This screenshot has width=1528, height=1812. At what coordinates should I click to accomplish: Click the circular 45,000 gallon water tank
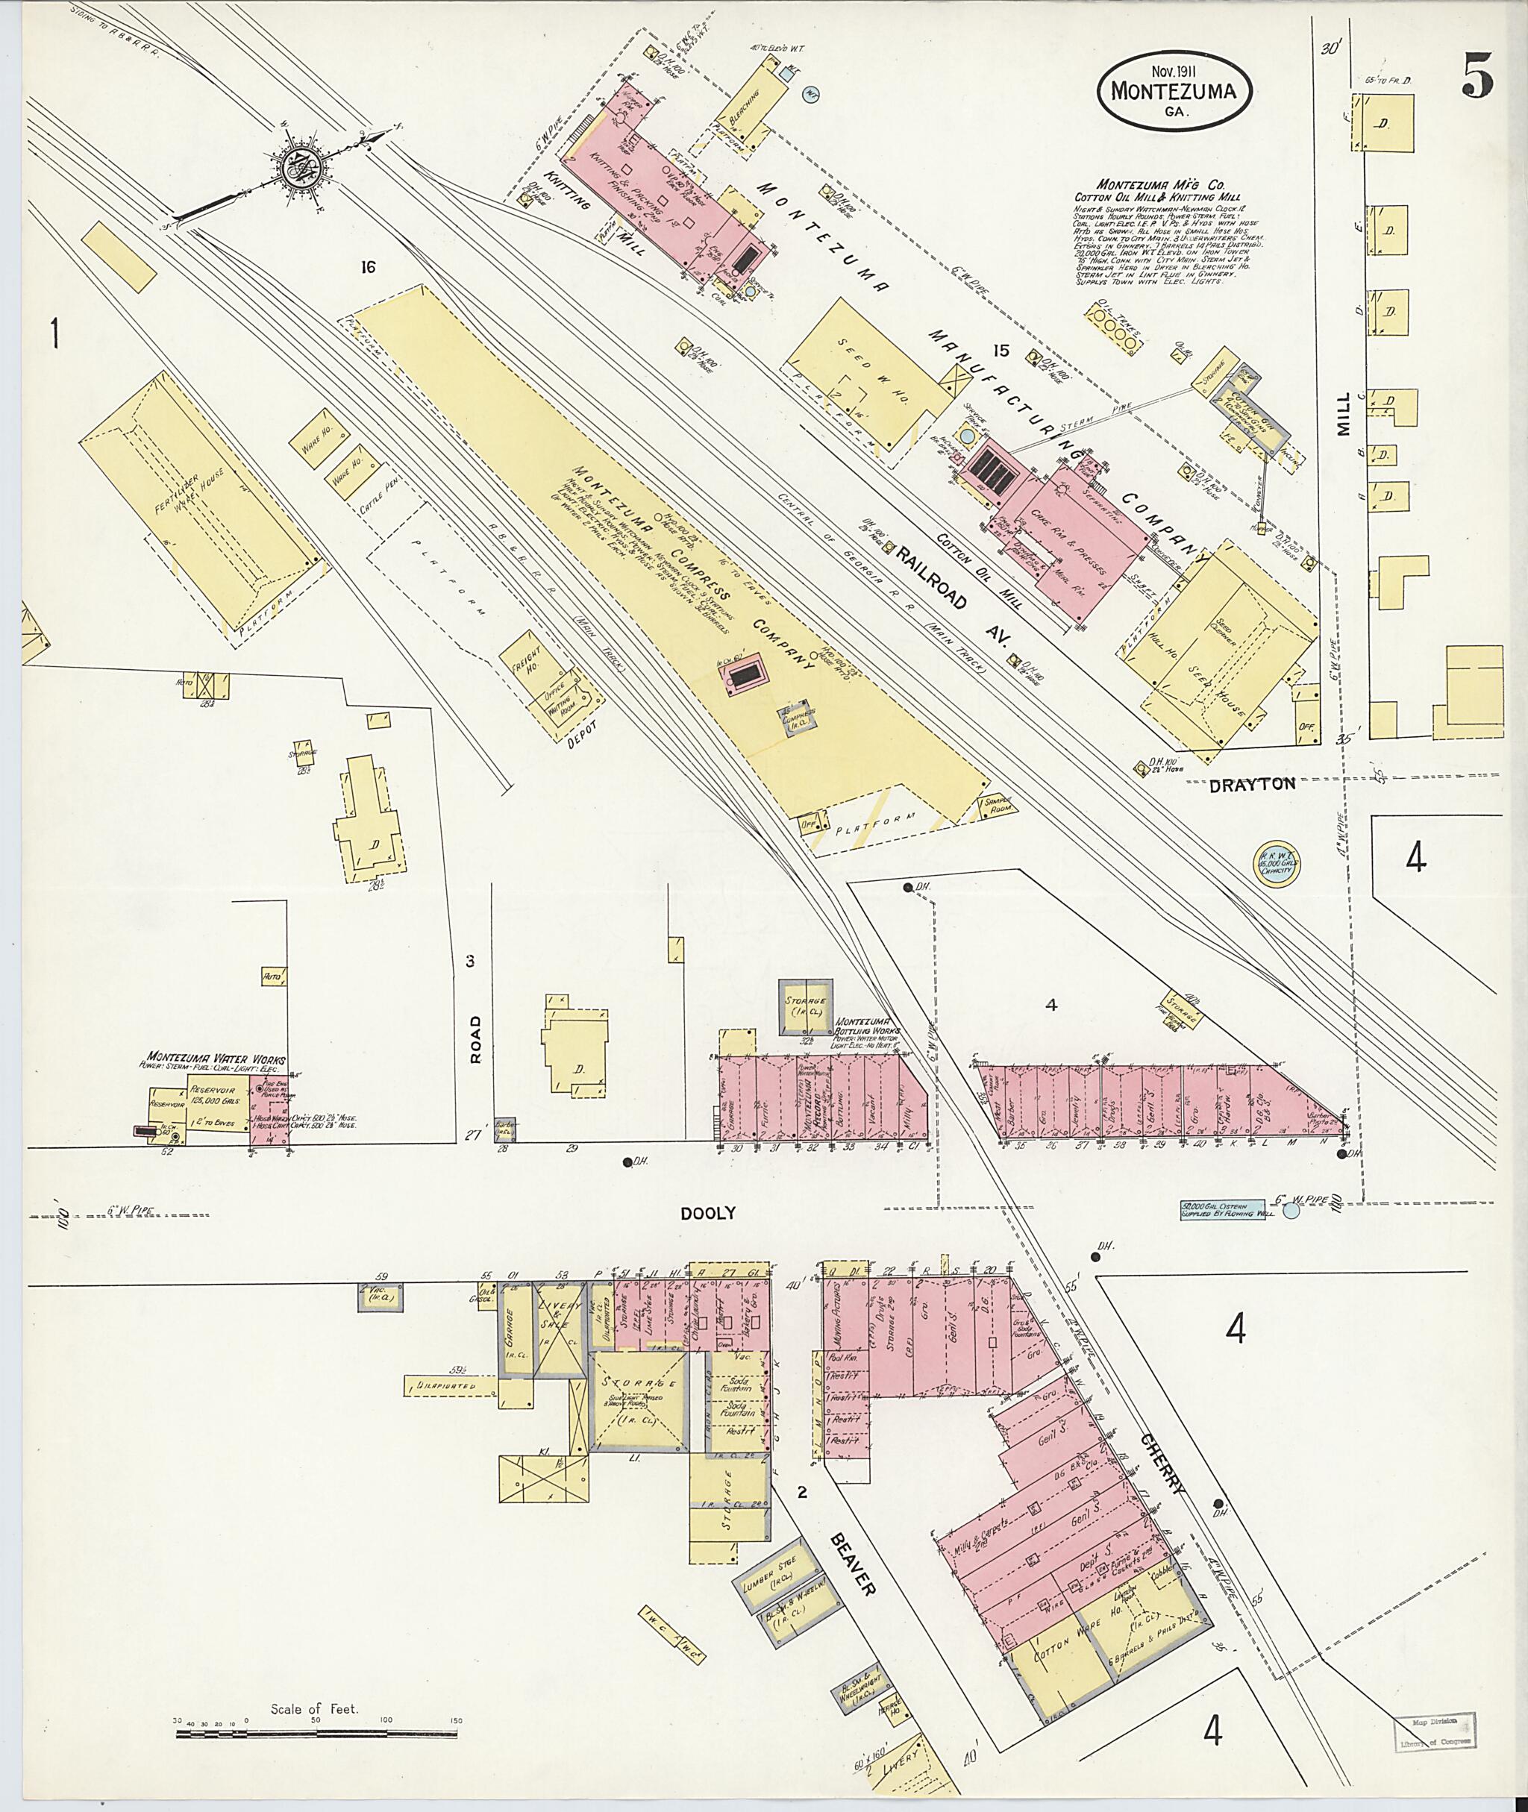click(1277, 862)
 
